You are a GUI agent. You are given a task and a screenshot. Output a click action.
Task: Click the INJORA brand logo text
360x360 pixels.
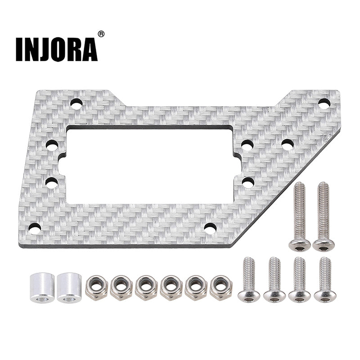pos(56,49)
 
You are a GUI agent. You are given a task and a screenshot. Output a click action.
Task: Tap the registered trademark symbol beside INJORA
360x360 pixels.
pos(101,34)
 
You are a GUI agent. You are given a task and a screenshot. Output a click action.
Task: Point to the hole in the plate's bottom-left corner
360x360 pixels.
pos(35,229)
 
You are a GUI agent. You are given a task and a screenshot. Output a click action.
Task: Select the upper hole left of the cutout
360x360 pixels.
pos(52,146)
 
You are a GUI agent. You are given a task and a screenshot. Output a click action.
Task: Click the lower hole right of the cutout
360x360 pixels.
pos(247,182)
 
